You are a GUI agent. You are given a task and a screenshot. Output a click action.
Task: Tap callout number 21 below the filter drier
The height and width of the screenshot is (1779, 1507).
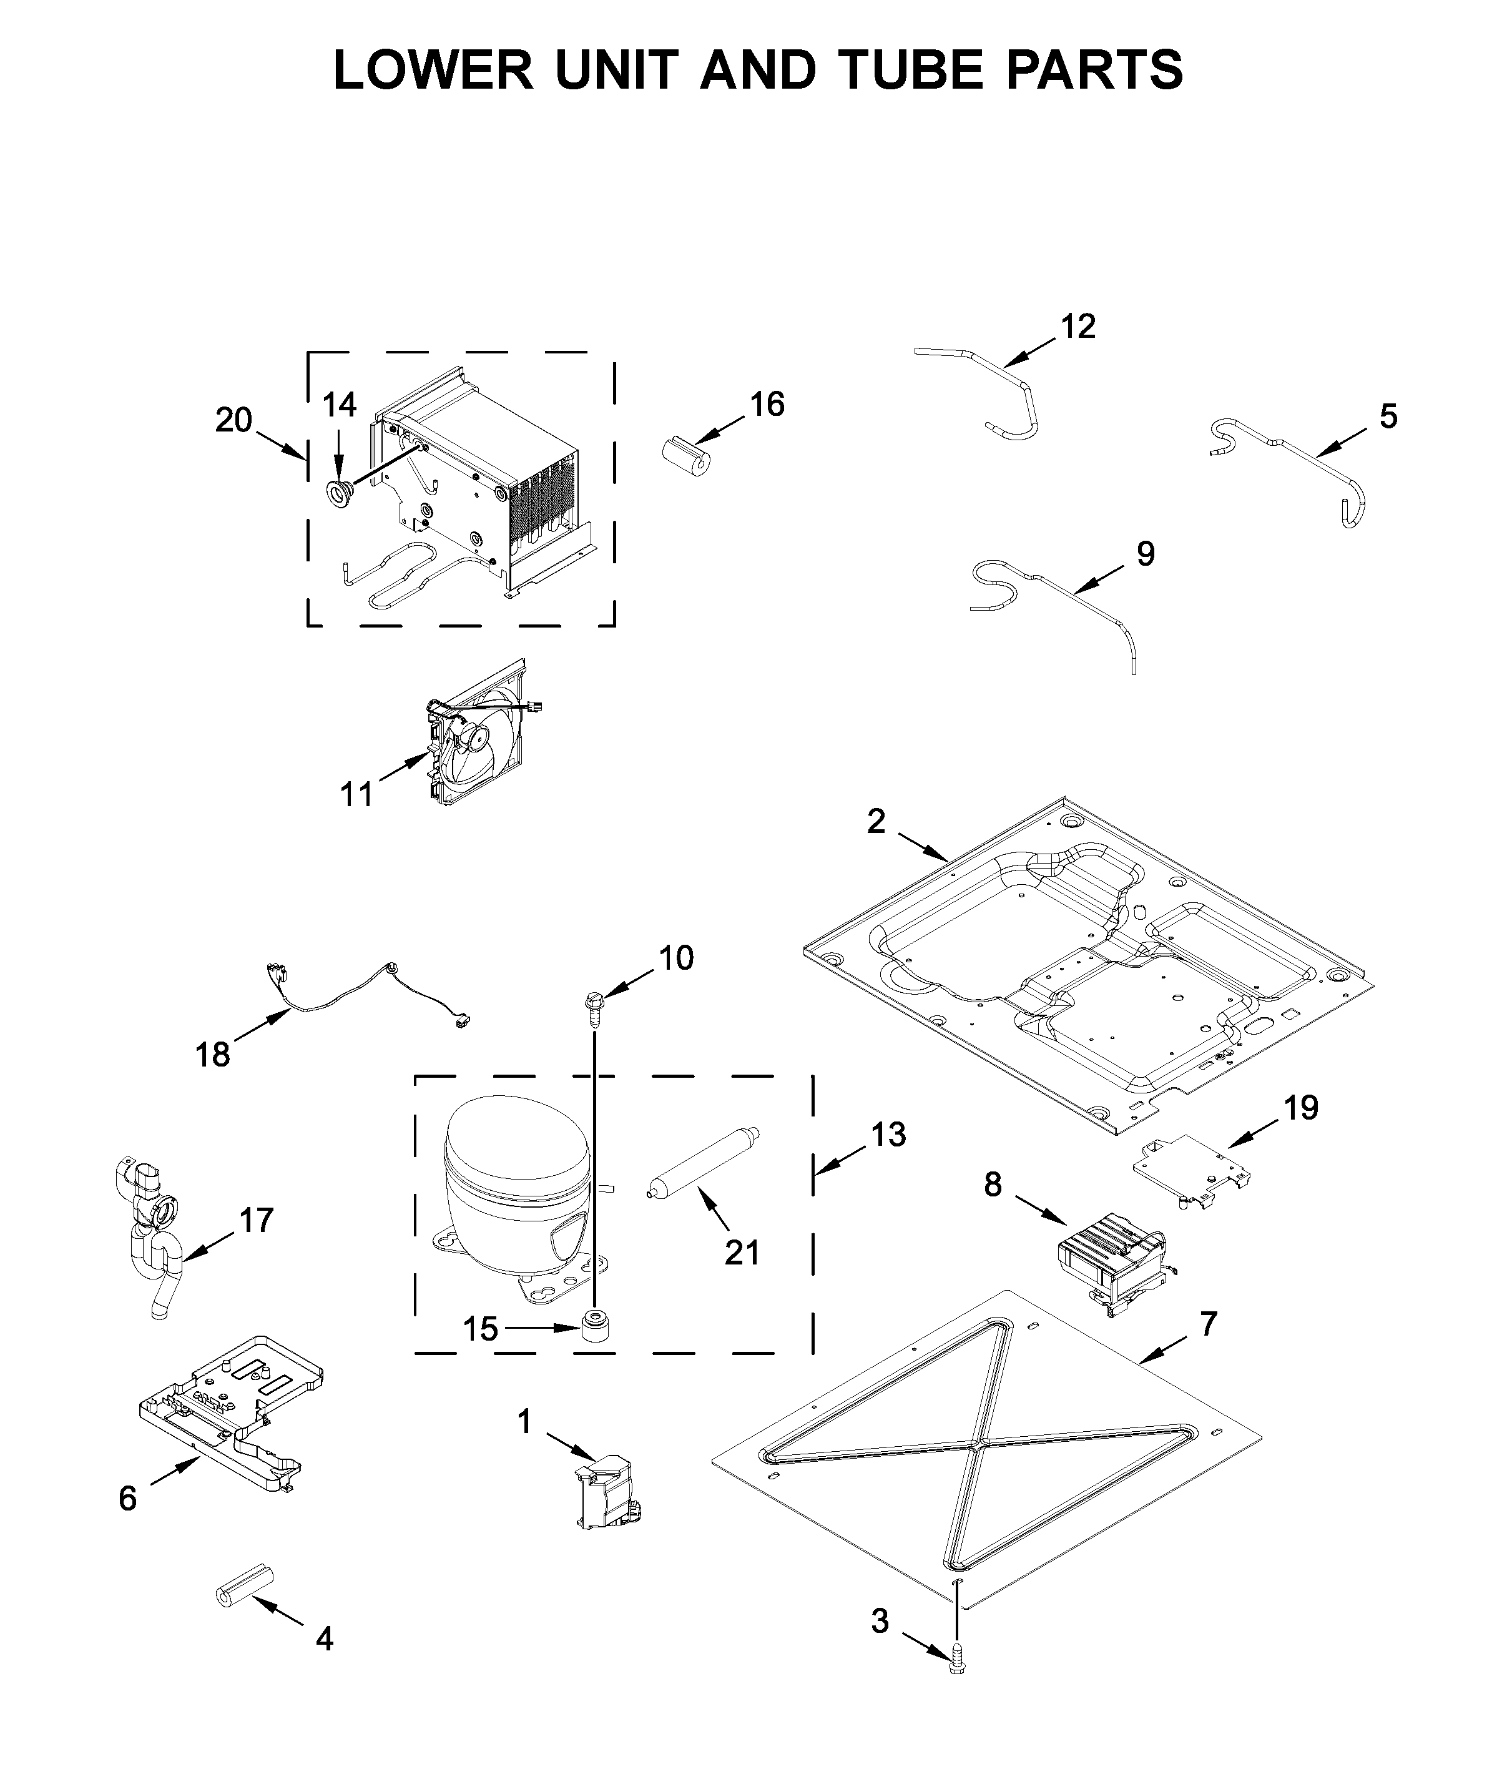coord(742,1253)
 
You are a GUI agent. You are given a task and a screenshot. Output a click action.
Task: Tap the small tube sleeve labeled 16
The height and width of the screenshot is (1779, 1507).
coord(687,455)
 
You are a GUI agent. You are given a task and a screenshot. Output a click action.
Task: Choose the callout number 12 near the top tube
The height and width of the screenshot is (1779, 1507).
coord(1077,327)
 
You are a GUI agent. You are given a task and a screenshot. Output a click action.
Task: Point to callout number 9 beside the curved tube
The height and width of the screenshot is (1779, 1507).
coord(1145,554)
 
